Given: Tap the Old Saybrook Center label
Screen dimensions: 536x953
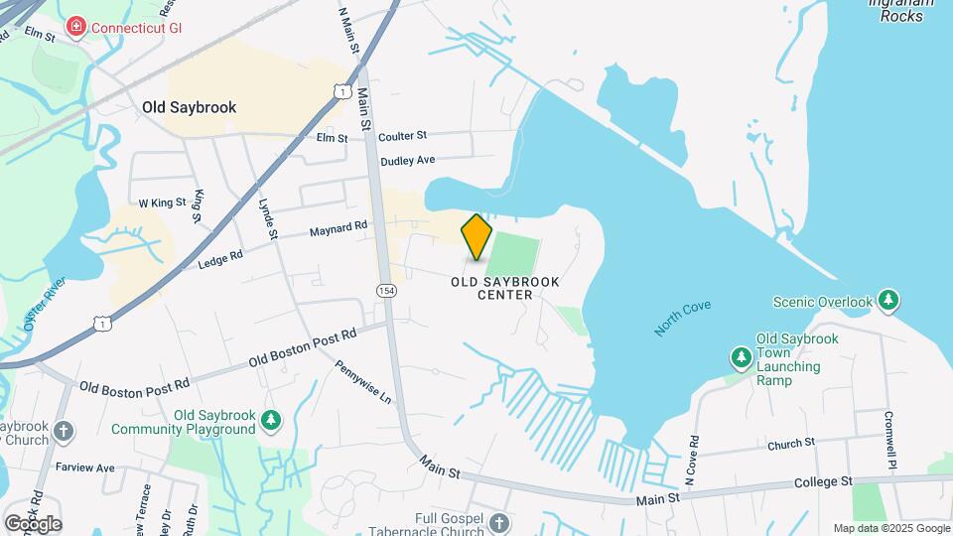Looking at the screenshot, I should coord(505,288).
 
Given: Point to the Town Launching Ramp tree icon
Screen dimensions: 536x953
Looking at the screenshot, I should coord(740,356).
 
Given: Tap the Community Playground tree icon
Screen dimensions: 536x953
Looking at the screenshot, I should coord(271,422).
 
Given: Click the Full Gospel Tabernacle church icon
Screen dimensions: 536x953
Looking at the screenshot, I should coord(499,522).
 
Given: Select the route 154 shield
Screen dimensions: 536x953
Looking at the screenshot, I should coord(386,290).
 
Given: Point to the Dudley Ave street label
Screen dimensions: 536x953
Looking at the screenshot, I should coord(408,160).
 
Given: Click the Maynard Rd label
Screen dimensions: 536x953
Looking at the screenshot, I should coord(339,229).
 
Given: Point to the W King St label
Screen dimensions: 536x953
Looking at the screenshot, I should coord(162,202).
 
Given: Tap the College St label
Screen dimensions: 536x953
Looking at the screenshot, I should coord(824,481).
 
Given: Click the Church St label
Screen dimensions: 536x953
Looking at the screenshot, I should coord(790,442).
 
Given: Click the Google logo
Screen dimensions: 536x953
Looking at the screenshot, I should coord(33,523).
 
